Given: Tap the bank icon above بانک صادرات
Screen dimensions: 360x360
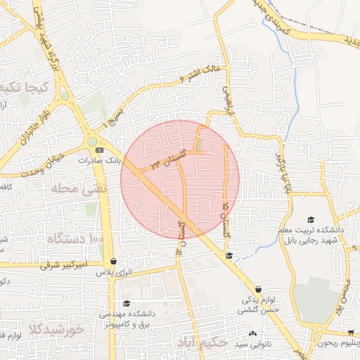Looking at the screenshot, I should (99, 150).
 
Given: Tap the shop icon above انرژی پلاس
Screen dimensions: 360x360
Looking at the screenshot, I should (114, 261).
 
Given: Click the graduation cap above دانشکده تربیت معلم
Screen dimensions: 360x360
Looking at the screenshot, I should (311, 220).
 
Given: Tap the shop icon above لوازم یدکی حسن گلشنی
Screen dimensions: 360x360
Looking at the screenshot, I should (258, 289).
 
